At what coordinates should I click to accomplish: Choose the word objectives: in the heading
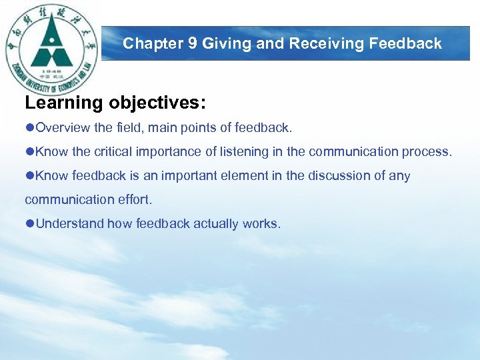158,103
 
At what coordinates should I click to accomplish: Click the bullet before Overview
29,127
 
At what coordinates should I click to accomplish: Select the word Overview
63,127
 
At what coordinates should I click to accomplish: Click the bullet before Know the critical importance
29,151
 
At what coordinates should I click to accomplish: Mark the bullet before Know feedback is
29,175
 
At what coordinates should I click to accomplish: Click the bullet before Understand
29,223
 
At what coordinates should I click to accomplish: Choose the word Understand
70,223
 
